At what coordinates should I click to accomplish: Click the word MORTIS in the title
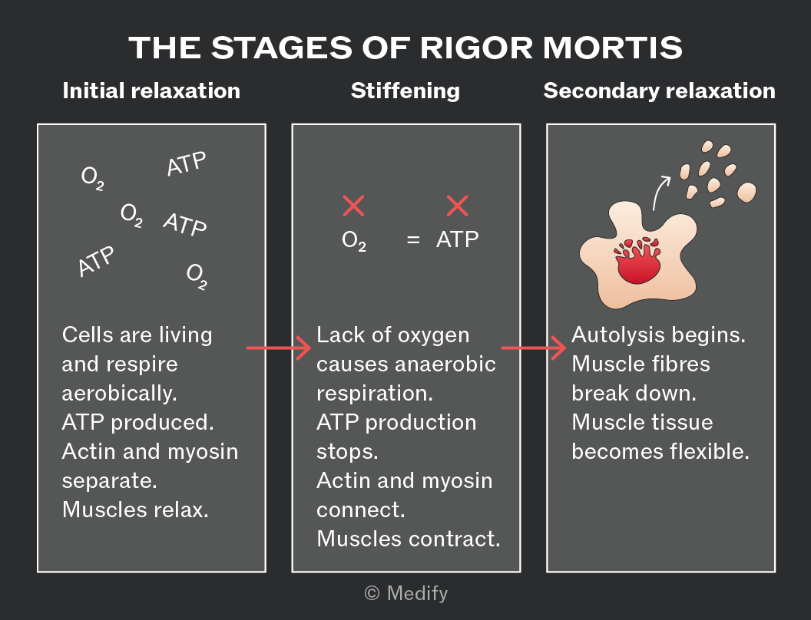tap(612, 48)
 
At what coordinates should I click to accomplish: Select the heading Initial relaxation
tap(151, 91)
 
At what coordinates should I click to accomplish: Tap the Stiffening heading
tap(405, 91)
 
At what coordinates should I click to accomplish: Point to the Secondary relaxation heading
tap(660, 91)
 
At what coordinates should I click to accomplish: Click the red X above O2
tap(354, 206)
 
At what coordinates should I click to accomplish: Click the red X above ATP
tap(457, 206)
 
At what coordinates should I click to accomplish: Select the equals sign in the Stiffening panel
tap(412, 239)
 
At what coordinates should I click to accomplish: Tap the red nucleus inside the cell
tap(637, 261)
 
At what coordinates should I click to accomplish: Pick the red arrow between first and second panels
tap(279, 348)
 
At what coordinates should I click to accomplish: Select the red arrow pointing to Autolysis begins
tap(534, 348)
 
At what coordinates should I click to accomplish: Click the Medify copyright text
tap(406, 593)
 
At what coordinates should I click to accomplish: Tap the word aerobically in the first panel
tap(120, 394)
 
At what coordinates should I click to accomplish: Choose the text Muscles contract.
tap(409, 539)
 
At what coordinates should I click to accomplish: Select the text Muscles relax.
tap(135, 510)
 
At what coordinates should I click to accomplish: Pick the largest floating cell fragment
tap(746, 192)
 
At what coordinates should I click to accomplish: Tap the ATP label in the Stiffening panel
tap(457, 239)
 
